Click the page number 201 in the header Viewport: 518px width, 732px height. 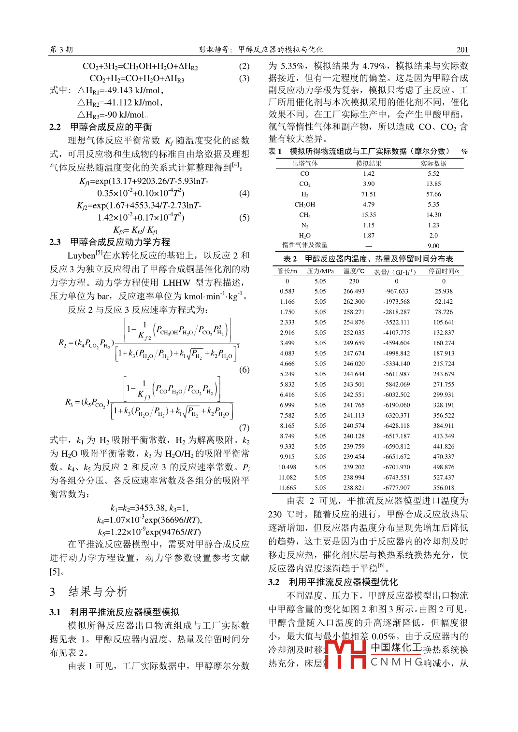pyautogui.click(x=462, y=49)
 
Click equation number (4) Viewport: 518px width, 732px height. pyautogui.click(x=244, y=193)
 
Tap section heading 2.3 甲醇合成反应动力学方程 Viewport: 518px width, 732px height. pyautogui.click(x=110, y=242)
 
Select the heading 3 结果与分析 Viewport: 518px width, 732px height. pyautogui.click(x=88, y=591)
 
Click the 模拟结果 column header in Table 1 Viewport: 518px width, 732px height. pyautogui.click(x=369, y=164)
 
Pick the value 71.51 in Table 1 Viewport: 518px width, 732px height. pyautogui.click(x=369, y=194)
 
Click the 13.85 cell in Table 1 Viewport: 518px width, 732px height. pyautogui.click(x=433, y=184)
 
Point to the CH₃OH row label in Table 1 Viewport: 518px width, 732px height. pyautogui.click(x=304, y=205)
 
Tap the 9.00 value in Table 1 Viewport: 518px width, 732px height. pyautogui.click(x=433, y=246)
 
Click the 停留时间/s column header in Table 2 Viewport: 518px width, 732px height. pyautogui.click(x=444, y=271)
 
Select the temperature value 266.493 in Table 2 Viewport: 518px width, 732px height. pyautogui.click(x=354, y=291)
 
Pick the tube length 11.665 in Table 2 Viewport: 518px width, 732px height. pyautogui.click(x=287, y=488)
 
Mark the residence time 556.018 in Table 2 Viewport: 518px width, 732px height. pyautogui.click(x=444, y=488)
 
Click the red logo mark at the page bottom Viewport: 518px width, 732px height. pyautogui.click(x=345, y=654)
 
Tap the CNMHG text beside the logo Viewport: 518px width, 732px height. pyautogui.click(x=396, y=662)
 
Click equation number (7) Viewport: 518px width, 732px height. pyautogui.click(x=244, y=427)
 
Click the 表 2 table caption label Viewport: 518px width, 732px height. pyautogui.click(x=290, y=259)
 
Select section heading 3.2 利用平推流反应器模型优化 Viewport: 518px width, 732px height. pyautogui.click(x=333, y=582)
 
